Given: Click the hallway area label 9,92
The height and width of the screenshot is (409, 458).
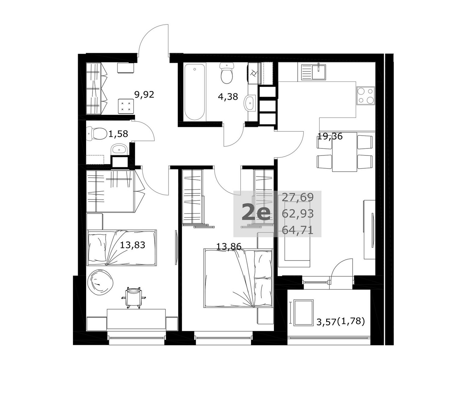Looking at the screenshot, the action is click(144, 95).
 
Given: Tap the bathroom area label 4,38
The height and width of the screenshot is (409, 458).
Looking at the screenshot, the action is click(228, 97).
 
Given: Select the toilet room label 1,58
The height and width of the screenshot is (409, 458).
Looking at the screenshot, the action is click(118, 134).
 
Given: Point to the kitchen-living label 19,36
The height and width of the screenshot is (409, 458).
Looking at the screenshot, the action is click(330, 137).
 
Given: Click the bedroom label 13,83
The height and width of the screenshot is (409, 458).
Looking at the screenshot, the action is click(133, 245).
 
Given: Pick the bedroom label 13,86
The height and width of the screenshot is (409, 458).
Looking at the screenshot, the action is click(229, 246).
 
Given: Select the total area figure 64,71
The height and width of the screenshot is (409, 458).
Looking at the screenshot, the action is click(297, 230).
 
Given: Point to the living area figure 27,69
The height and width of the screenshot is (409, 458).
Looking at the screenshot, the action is click(298, 197).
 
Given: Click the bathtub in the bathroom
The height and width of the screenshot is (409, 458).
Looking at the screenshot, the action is click(194, 92).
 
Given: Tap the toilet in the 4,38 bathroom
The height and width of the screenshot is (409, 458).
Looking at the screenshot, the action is click(227, 73).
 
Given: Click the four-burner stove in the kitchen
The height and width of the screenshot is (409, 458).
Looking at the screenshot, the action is click(365, 96).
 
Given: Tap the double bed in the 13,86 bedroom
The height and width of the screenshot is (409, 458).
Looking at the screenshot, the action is click(238, 278).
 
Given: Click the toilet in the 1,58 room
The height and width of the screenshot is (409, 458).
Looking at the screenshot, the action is click(97, 134).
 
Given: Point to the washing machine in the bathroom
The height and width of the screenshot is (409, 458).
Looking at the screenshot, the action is click(255, 73).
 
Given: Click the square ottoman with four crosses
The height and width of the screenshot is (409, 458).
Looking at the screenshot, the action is click(126, 106).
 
